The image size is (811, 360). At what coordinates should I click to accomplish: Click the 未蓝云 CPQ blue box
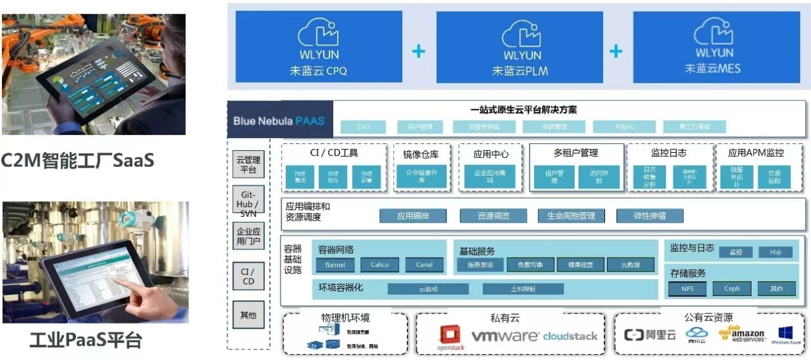pyautogui.click(x=319, y=46)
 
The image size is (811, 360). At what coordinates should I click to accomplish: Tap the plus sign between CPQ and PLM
pyautogui.click(x=419, y=51)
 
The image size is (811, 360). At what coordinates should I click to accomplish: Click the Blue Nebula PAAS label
pyautogui.click(x=278, y=121)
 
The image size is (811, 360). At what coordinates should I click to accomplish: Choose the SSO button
pyautogui.click(x=363, y=127)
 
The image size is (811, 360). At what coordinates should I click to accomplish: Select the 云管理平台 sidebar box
pyautogui.click(x=248, y=165)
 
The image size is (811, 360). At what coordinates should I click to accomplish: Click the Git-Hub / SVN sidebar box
pyautogui.click(x=248, y=203)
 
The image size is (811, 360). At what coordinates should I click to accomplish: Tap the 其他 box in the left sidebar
pyautogui.click(x=248, y=315)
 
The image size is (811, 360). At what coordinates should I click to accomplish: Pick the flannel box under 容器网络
pyautogui.click(x=335, y=265)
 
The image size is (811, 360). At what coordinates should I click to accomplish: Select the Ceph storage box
pyautogui.click(x=732, y=289)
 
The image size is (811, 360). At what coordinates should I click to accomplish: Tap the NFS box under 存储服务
pyautogui.click(x=688, y=289)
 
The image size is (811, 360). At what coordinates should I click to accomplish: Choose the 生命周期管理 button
pyautogui.click(x=571, y=216)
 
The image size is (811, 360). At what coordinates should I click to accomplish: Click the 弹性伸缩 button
pyautogui.click(x=650, y=216)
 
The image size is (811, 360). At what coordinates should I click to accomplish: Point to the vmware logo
pyautogui.click(x=505, y=336)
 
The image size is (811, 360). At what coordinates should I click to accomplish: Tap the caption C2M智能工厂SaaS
pyautogui.click(x=77, y=160)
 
